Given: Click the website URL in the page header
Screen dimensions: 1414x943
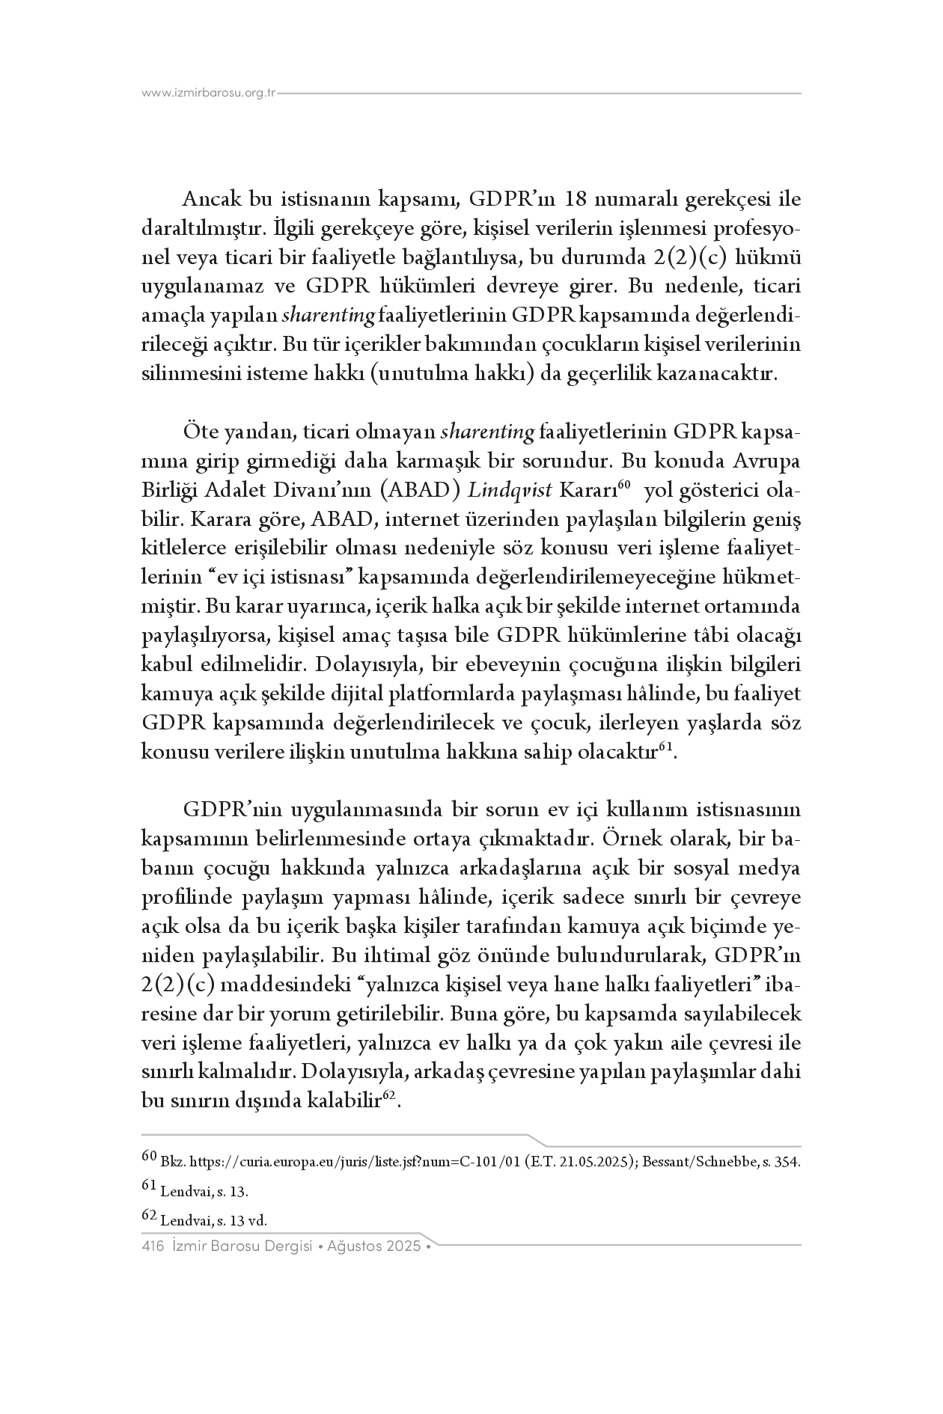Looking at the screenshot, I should [209, 94].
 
